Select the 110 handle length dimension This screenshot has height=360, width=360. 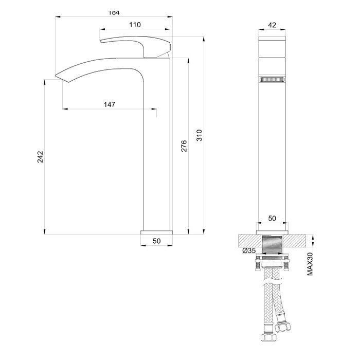[x=135, y=25]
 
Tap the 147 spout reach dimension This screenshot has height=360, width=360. [x=109, y=104]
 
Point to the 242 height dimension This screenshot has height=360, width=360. [x=40, y=157]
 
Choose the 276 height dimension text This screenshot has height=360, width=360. [x=184, y=146]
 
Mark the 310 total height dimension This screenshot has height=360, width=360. [x=200, y=135]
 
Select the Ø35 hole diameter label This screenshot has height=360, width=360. [x=249, y=251]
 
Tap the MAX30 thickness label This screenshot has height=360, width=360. [x=310, y=264]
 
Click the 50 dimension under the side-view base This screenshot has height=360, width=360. [x=157, y=241]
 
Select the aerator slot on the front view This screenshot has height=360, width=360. [x=273, y=80]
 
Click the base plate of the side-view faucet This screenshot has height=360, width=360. [x=157, y=231]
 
